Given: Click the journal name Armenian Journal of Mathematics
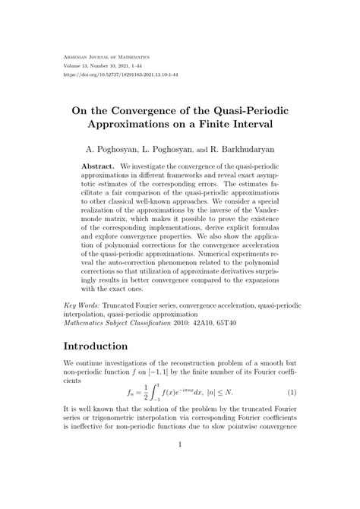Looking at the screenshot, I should (106, 57).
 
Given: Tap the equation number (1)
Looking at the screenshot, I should (291, 393).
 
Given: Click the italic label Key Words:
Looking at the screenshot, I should (84, 303).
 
